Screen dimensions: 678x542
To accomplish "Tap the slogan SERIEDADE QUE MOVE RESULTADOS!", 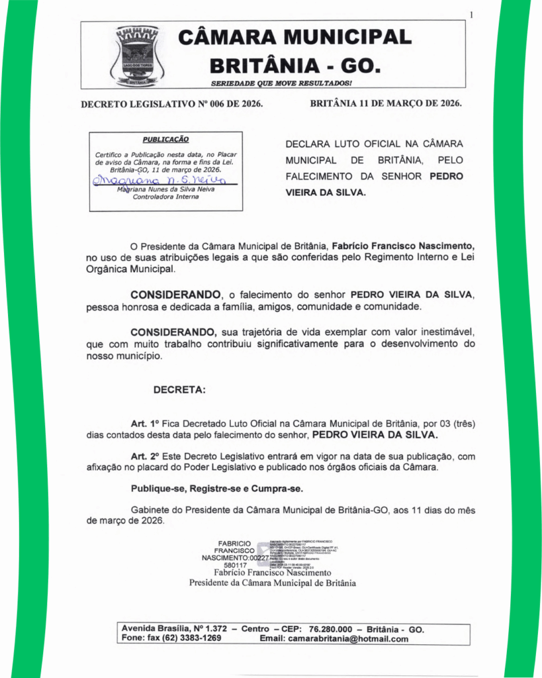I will tap(281, 83).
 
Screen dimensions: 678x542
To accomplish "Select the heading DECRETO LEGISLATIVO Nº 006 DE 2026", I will tap(171, 104).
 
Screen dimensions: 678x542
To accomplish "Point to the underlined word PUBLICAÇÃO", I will tap(165, 140).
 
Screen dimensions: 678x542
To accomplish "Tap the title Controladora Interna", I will tap(165, 197).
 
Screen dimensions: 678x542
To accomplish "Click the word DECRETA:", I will tap(179, 390).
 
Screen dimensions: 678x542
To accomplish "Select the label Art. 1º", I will tap(146, 423).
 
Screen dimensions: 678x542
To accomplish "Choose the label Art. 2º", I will tap(146, 457).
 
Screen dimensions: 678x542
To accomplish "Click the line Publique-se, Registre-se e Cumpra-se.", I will tap(217, 489).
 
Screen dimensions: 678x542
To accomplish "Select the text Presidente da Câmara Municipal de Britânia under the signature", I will tap(272, 583).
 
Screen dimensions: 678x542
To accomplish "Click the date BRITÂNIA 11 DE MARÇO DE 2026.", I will tap(386, 104).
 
